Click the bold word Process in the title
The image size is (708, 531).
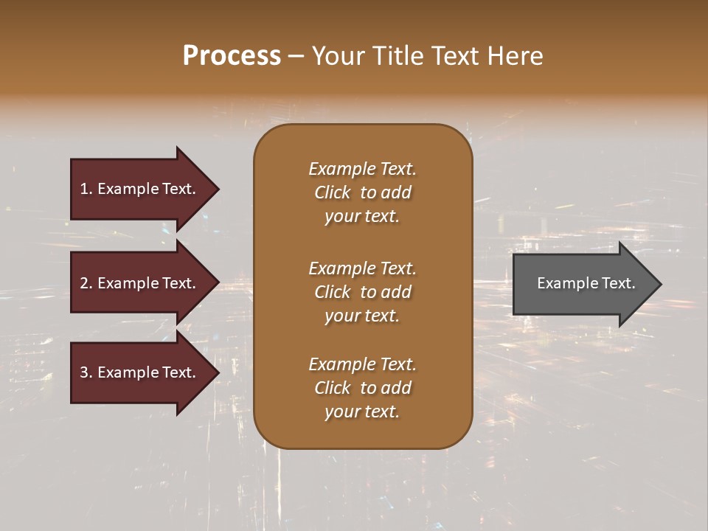(x=232, y=56)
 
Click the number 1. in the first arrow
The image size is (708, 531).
(x=86, y=189)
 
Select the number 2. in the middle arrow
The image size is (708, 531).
(x=86, y=283)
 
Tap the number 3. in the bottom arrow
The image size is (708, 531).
(x=86, y=372)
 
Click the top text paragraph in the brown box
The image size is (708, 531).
(x=362, y=192)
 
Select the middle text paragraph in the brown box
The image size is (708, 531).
(x=362, y=292)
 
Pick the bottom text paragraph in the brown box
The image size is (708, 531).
(x=362, y=388)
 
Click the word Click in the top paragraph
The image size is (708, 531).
(x=333, y=192)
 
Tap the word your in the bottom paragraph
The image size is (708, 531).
(x=340, y=412)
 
